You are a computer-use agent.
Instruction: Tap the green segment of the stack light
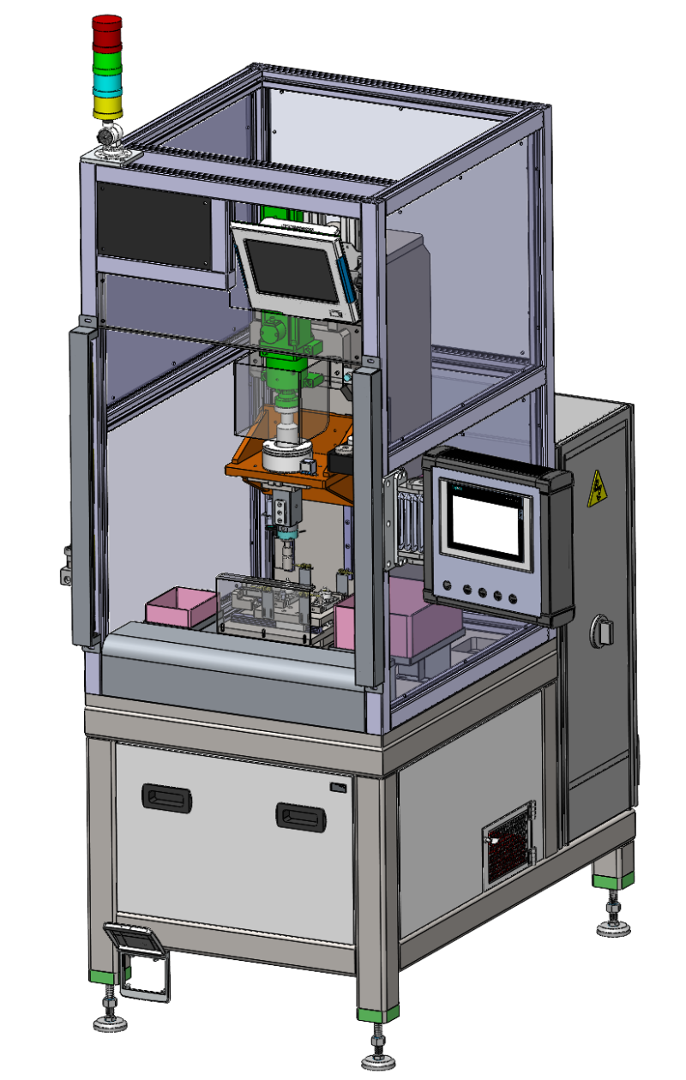107,63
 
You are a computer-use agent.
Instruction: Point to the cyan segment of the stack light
107,85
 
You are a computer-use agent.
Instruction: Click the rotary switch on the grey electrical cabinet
602,632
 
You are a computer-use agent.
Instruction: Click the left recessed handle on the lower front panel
166,798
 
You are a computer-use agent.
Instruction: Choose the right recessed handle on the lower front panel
302,815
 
